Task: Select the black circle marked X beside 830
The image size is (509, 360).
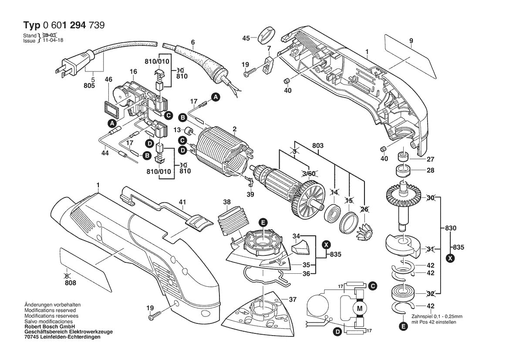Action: [451, 258]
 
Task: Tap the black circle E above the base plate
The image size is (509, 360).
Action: [263, 222]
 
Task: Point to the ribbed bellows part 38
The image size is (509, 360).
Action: [233, 223]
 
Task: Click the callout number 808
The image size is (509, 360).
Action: [70, 283]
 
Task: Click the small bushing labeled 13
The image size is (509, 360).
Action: [189, 131]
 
